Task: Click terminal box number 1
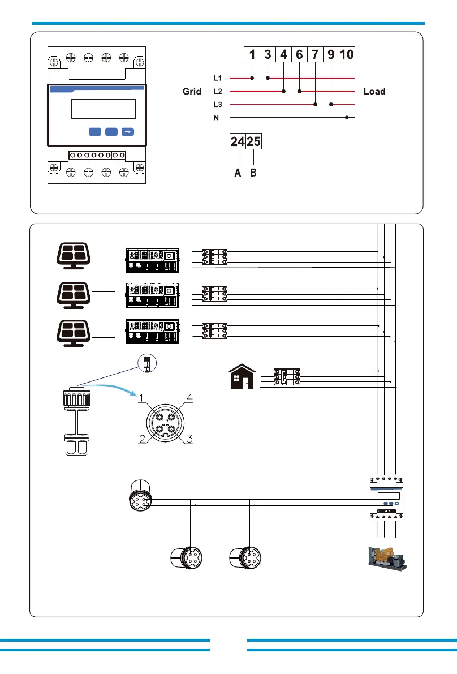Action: coord(252,54)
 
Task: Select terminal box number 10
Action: coord(347,54)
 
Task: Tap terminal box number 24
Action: coord(238,141)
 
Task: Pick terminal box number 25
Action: coord(253,141)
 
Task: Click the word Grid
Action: coord(192,91)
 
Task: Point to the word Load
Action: coord(374,91)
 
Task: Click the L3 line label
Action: coord(218,105)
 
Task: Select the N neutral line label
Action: coord(216,118)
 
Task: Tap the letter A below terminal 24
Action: coord(238,173)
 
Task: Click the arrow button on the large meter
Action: coord(128,131)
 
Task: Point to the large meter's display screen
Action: coord(104,109)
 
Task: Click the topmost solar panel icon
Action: coord(74,256)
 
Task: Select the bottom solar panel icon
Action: coord(74,333)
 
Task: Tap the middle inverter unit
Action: coord(153,295)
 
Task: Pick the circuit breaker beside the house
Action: coord(287,376)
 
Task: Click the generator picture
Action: coord(387,559)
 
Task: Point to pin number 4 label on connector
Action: coord(189,398)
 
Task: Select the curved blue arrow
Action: coord(110,389)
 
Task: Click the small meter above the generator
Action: coord(386,497)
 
